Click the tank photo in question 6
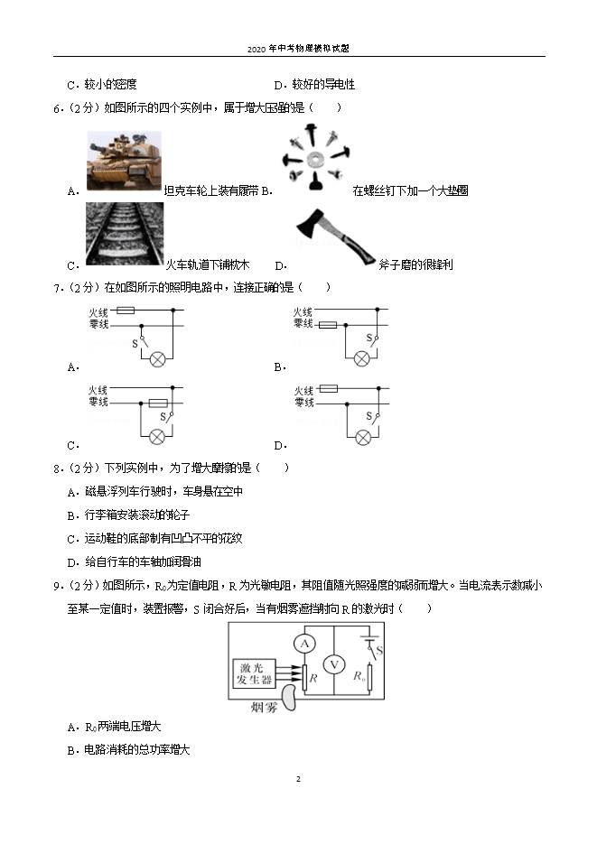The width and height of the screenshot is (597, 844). [x=124, y=161]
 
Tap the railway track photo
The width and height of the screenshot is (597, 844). [x=126, y=233]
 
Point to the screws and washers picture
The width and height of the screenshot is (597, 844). [x=316, y=161]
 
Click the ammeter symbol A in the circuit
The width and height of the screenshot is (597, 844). [x=305, y=643]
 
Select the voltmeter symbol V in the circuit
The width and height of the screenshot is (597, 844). [x=334, y=665]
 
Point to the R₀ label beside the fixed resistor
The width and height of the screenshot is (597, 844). [x=359, y=674]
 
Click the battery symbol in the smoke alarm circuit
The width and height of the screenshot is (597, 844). [x=368, y=639]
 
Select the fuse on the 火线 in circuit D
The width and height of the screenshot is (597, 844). [x=329, y=388]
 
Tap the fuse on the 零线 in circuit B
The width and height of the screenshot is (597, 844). [x=328, y=324]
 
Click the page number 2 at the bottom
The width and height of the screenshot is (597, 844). [x=298, y=779]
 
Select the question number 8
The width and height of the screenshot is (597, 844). [x=57, y=468]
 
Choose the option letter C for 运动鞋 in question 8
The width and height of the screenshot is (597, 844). [x=71, y=539]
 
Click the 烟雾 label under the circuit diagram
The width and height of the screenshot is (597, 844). [x=265, y=707]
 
